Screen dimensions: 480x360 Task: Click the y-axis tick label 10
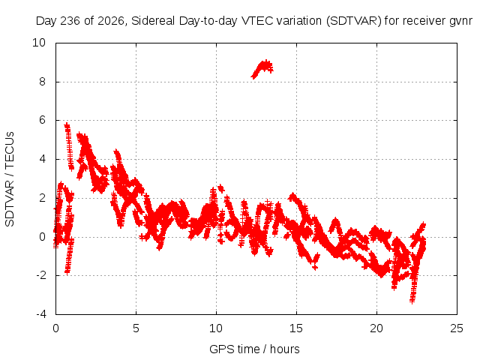39,43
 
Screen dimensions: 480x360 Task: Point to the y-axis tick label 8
42,82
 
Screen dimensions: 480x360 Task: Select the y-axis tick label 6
42,120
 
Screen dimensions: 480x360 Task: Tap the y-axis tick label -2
41,275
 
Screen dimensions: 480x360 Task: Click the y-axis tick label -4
41,314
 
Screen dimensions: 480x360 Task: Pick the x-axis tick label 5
136,328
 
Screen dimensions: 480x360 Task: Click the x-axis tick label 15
296,328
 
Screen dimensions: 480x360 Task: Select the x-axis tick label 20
376,328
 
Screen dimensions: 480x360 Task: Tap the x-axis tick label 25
457,328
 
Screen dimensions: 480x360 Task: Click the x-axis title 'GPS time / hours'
254,349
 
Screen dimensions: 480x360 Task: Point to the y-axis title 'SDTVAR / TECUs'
10,179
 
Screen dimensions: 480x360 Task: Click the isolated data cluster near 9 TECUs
262,69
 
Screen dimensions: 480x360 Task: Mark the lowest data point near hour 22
412,301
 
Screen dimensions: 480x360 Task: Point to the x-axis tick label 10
216,328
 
